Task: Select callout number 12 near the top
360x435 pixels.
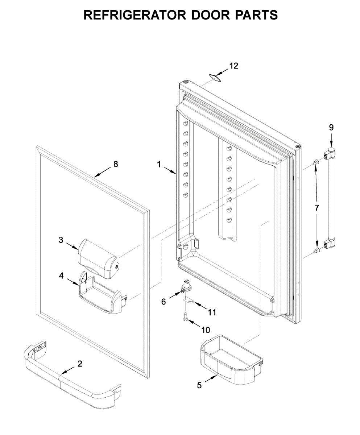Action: tap(234, 66)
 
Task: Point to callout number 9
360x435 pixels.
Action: tap(331, 127)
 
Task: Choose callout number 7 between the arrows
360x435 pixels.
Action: tap(317, 208)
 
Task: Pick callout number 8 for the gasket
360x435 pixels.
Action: tap(116, 164)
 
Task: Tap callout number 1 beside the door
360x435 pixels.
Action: tap(159, 164)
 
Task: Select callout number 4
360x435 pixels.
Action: tap(61, 275)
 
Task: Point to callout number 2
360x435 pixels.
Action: tap(80, 364)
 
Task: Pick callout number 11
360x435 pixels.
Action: tap(211, 312)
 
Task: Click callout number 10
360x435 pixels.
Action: tap(205, 330)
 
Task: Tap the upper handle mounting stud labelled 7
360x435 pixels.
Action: tap(316, 161)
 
